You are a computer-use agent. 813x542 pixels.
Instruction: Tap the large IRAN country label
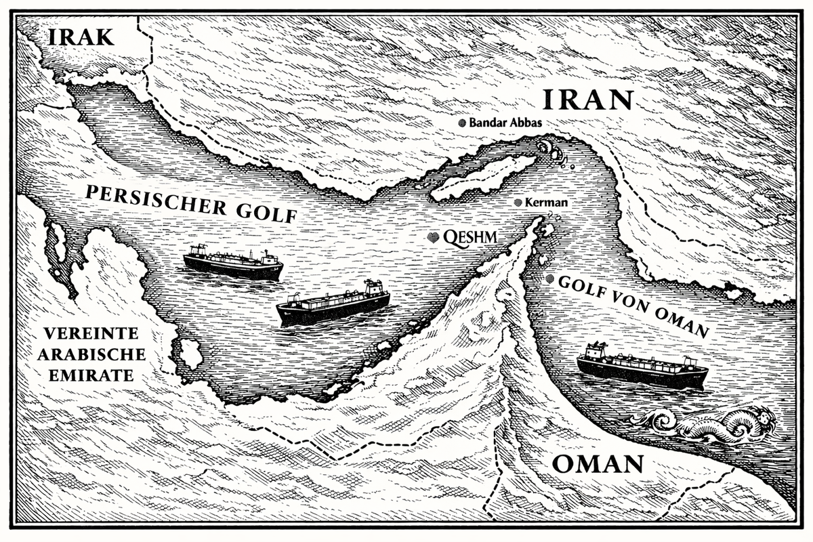click(x=587, y=100)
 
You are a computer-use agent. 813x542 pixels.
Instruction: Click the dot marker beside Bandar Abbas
click(x=463, y=123)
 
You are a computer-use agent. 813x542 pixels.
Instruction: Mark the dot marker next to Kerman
click(x=519, y=203)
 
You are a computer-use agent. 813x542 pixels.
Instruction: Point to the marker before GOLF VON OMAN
click(x=549, y=278)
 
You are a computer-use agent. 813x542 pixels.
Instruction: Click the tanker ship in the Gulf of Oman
click(x=641, y=367)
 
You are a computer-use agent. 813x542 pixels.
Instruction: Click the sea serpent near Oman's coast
click(x=705, y=423)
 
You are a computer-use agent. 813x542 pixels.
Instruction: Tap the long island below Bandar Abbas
click(x=482, y=178)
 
